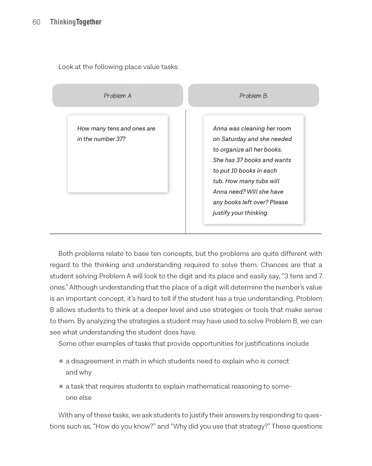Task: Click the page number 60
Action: (36, 22)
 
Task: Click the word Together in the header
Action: (89, 22)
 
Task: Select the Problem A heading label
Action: (118, 96)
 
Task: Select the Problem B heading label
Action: (253, 96)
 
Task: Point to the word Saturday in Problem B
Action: (234, 139)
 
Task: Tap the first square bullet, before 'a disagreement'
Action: (61, 361)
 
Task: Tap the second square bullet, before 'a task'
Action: (61, 386)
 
